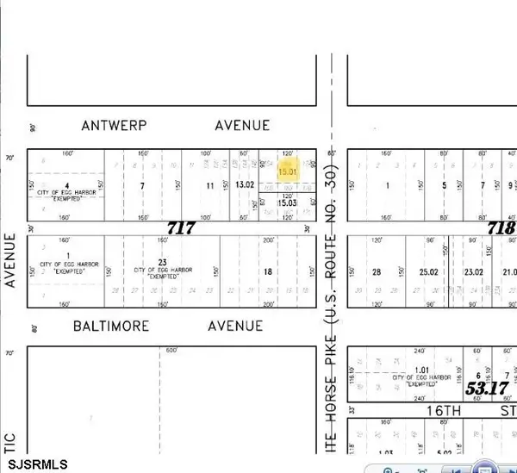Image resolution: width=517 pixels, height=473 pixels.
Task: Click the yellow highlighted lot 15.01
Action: point(287,171)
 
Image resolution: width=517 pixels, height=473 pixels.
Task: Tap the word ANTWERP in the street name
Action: point(114,126)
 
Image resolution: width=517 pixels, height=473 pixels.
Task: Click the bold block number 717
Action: point(181,229)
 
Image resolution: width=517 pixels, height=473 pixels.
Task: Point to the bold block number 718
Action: point(501,228)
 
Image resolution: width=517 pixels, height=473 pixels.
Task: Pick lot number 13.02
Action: point(245,185)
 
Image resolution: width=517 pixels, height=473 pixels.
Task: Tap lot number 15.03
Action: point(287,202)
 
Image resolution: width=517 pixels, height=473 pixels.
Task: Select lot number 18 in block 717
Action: point(267,272)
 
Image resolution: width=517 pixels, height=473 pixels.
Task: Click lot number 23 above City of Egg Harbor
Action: point(161,262)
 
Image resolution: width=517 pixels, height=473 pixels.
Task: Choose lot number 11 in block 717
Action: point(209,185)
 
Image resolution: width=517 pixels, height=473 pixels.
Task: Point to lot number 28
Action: point(376,272)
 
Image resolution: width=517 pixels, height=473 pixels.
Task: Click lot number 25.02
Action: point(428,272)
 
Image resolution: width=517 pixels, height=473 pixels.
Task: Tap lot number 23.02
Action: point(474,272)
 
